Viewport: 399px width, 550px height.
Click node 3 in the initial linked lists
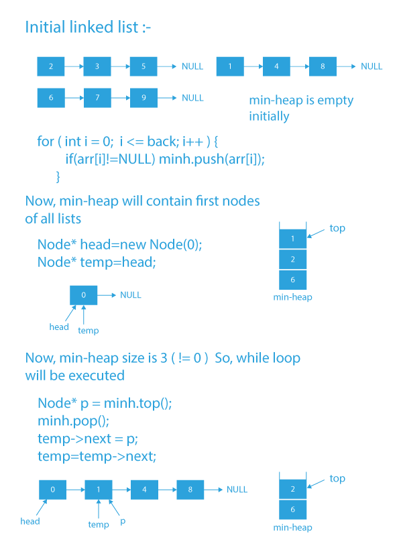(x=97, y=66)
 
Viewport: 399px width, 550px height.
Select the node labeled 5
(x=144, y=66)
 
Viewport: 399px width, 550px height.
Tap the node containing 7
(x=97, y=97)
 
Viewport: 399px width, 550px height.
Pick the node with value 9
(x=144, y=97)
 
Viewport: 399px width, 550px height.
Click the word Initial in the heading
(x=46, y=27)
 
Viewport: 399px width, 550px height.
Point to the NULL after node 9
(x=192, y=98)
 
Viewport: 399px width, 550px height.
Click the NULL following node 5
(x=192, y=66)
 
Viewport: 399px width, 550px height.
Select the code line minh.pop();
(x=73, y=421)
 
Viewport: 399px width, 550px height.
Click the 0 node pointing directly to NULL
(x=83, y=295)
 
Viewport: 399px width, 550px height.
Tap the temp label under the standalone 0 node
(x=88, y=331)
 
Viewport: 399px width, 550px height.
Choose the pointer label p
(x=123, y=521)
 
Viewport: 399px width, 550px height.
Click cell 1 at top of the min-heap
(x=293, y=239)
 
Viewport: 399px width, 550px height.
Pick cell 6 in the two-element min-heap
(x=293, y=510)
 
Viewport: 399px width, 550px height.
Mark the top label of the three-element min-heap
(x=337, y=228)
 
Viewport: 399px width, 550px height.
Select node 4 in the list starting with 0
(x=144, y=490)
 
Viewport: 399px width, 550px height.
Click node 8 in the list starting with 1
(x=323, y=66)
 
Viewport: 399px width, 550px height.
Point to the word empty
(x=335, y=101)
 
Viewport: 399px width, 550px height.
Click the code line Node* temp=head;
(x=97, y=262)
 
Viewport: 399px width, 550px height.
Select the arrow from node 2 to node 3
(x=74, y=66)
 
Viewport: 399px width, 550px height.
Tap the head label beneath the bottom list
(x=30, y=521)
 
